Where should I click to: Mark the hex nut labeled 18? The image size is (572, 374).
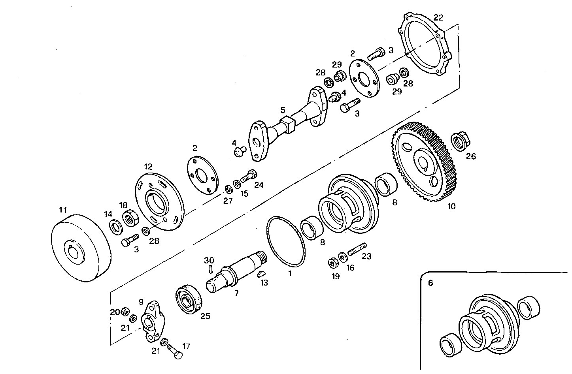pyautogui.click(x=129, y=218)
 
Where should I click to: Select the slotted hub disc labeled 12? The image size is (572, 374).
pyautogui.click(x=160, y=199)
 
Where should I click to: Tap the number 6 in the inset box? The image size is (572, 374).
pyautogui.click(x=430, y=283)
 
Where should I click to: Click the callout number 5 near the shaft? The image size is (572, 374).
pyautogui.click(x=282, y=109)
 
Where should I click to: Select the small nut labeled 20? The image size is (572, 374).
pyautogui.click(x=124, y=311)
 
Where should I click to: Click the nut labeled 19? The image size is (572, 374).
pyautogui.click(x=333, y=263)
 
